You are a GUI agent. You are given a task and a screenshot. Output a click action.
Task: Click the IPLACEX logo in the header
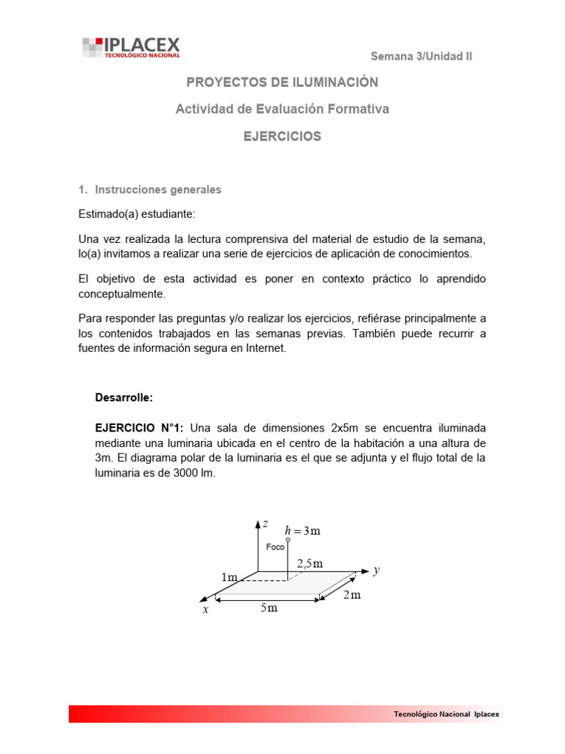(131, 47)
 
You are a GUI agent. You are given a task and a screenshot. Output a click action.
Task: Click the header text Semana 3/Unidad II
(421, 56)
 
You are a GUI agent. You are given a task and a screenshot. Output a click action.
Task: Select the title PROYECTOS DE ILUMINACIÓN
(282, 82)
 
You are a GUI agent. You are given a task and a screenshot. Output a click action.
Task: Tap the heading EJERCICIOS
(282, 136)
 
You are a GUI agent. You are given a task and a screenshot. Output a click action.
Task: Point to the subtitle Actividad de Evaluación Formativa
(282, 109)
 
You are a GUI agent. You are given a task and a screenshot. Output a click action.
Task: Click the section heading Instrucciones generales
(157, 189)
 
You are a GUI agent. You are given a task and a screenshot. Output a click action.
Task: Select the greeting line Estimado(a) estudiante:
(137, 214)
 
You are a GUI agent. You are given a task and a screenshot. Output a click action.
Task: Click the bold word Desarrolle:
(124, 397)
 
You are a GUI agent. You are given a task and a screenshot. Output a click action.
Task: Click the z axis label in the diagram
(266, 523)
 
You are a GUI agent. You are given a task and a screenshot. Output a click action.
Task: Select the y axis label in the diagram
(376, 570)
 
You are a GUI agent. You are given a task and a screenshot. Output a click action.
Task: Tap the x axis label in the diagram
(207, 610)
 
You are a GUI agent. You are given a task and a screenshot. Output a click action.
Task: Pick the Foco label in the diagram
(275, 547)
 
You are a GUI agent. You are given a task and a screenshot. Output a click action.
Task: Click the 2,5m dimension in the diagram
(310, 563)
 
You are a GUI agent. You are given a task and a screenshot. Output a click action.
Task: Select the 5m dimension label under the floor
(269, 608)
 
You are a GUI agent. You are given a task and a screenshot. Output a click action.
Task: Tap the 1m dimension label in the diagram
(230, 578)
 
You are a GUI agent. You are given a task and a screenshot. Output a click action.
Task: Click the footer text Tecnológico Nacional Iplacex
(447, 714)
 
